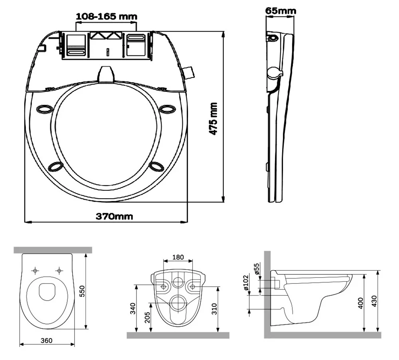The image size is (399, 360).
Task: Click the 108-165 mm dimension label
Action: pos(106,16)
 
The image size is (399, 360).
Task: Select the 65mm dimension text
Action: pos(281,11)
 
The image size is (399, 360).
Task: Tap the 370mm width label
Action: pos(114,216)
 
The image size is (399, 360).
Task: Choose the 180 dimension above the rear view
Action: pos(178,257)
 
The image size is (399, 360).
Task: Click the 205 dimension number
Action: pos(147,317)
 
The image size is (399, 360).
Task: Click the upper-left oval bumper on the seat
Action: pos(44,109)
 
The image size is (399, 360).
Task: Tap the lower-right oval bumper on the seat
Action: pos(156,166)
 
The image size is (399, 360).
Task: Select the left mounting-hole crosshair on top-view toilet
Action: pos(36,271)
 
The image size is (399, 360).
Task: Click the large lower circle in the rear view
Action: pos(178,303)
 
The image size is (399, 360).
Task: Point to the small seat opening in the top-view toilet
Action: pos(47,291)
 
